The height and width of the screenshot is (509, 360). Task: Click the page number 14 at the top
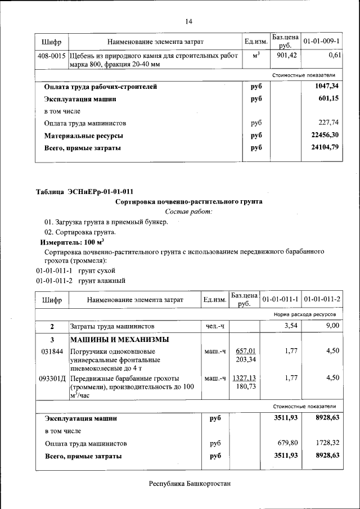click(x=188, y=21)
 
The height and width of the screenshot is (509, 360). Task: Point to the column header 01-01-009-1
click(x=322, y=42)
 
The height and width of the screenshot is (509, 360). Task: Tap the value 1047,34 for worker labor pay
click(x=327, y=87)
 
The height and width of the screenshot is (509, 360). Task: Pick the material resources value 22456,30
click(x=325, y=136)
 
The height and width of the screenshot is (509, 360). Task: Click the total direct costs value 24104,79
click(x=325, y=148)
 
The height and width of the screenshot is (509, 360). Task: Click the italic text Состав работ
click(x=188, y=211)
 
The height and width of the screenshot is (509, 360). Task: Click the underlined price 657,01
click(x=245, y=351)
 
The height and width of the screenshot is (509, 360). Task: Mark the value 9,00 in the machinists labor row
click(x=333, y=326)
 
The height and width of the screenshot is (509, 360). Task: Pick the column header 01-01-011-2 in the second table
click(x=322, y=300)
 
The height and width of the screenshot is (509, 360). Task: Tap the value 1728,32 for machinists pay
click(x=327, y=443)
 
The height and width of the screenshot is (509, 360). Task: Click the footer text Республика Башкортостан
click(x=190, y=484)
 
